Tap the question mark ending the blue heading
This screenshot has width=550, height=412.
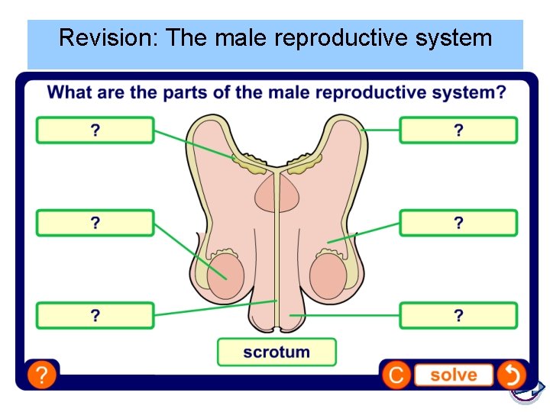pos(500,92)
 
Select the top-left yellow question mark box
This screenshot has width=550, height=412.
pos(95,130)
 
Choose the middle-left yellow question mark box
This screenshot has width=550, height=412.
pos(95,223)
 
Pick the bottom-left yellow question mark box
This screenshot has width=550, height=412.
pos(95,315)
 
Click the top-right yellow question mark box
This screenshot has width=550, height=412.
pos(458,130)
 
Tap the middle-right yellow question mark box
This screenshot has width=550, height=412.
pos(458,223)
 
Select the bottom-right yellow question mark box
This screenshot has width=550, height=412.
pos(458,315)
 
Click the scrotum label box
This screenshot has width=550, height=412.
pos(277,352)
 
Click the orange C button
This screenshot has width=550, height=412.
pos(396,375)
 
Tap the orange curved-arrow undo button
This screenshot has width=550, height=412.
pos(511,375)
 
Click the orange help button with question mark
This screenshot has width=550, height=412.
pos(42,375)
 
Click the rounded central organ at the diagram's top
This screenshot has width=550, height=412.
pos(277,192)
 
